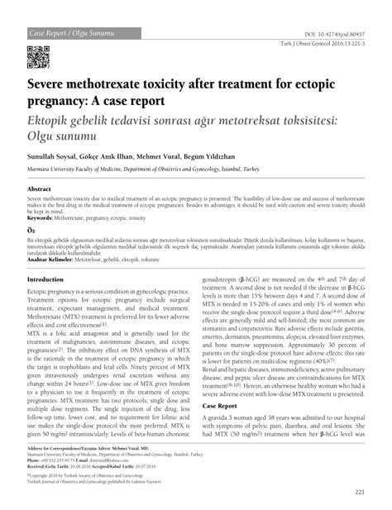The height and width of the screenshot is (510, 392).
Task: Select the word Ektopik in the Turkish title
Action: click(56, 120)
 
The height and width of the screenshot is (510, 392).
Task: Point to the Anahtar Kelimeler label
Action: click(56, 260)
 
